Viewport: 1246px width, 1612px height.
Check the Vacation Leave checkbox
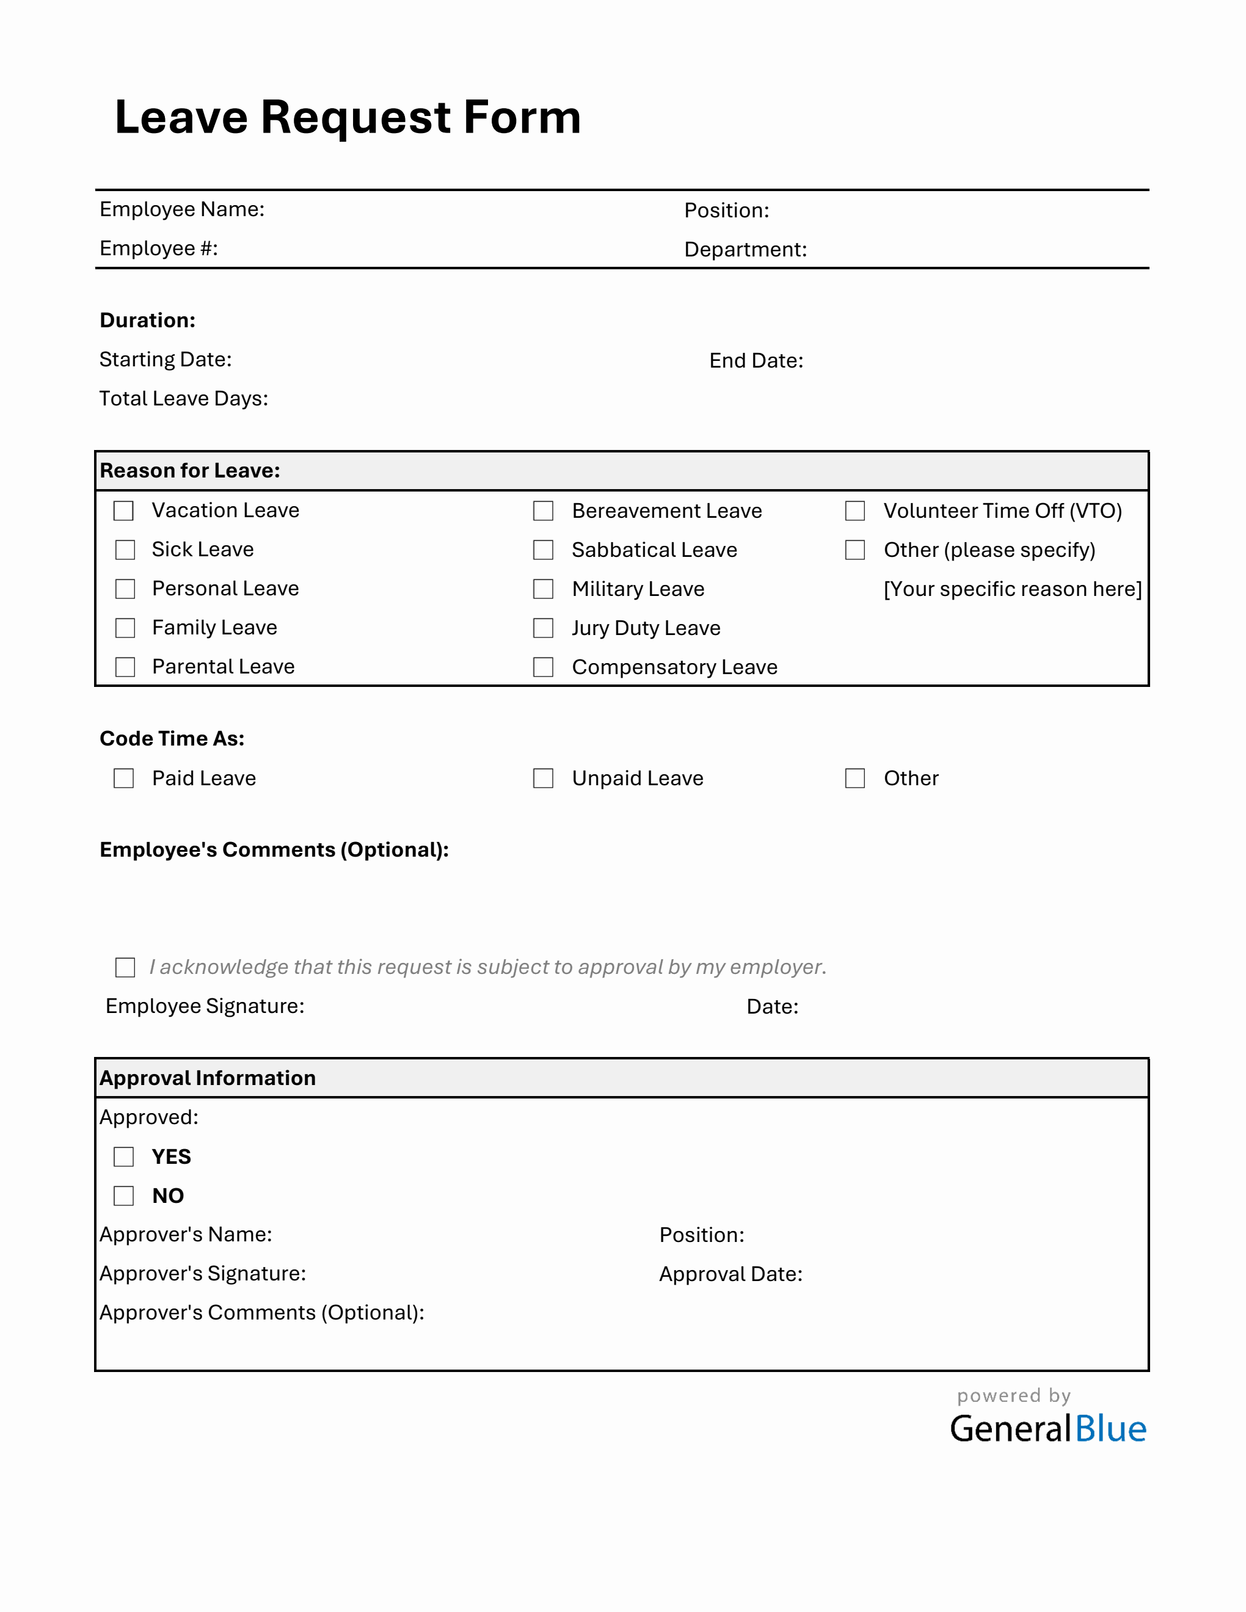pos(124,510)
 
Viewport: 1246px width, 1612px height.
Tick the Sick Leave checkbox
pos(125,550)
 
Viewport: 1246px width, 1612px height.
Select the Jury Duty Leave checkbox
pos(543,628)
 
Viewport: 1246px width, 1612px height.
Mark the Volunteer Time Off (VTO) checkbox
pos(854,510)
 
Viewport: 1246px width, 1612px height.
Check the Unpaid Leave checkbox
pos(543,779)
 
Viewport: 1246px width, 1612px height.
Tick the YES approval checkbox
pos(124,1156)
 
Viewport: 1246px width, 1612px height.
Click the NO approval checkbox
pos(124,1196)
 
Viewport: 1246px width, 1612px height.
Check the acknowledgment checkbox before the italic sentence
pos(125,968)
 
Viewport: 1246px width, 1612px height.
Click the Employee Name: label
pos(181,209)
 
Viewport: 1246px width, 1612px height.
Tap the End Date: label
pos(756,361)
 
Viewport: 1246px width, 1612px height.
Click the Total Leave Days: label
pos(184,399)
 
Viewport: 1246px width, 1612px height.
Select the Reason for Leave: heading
pos(190,471)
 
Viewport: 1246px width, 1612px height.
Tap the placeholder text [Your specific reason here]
pos(1012,589)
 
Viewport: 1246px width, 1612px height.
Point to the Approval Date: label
pos(730,1274)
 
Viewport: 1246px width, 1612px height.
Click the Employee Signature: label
pos(205,1006)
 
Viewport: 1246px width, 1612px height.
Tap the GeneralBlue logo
pos(1047,1429)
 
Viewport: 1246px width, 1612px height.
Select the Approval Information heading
pos(208,1078)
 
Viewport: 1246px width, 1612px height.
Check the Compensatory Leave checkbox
pos(543,667)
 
